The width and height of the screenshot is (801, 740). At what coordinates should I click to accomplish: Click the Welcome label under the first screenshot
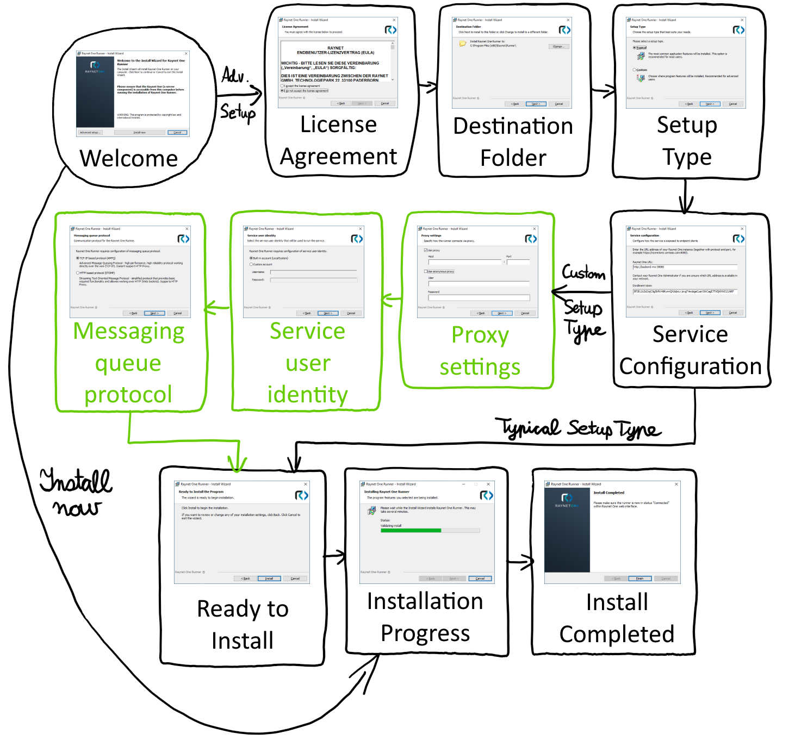coord(129,159)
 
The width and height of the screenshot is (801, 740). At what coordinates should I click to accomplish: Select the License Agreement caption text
coord(338,140)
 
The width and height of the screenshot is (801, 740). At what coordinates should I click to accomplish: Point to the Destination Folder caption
coord(513,142)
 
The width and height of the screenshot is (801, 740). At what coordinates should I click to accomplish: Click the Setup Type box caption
coord(687,141)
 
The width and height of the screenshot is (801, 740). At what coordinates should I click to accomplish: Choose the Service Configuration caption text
coord(690,350)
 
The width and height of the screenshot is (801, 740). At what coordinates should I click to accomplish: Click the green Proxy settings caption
coord(480,351)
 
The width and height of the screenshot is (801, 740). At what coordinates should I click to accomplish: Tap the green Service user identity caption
coord(307,363)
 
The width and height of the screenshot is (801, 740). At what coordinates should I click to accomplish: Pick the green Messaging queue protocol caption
coord(128,363)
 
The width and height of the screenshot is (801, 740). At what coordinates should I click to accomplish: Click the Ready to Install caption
coord(243,624)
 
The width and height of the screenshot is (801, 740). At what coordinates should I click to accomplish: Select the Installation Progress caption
coord(425,617)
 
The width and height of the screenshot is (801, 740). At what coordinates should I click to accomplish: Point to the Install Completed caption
coord(617,618)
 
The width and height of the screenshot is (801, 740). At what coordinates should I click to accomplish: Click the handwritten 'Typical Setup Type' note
coord(581,428)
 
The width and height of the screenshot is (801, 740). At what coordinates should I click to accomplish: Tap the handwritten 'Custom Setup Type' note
coord(583,302)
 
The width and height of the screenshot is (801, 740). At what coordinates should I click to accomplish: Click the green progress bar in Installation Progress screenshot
coord(411,531)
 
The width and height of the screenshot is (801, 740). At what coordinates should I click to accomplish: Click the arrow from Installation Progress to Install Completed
coord(520,562)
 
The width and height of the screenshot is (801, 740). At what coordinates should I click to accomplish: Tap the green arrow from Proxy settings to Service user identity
coord(392,300)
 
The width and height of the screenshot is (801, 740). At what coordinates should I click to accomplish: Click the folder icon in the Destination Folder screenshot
coord(463,44)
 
